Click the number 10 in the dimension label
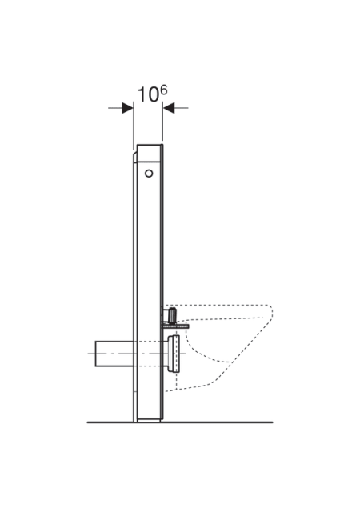pyautogui.click(x=148, y=94)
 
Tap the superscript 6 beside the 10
pyautogui.click(x=164, y=90)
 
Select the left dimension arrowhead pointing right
pyautogui.click(x=127, y=108)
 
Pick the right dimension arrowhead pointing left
pyautogui.click(x=169, y=108)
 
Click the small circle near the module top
pyautogui.click(x=149, y=174)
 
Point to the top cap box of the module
pyautogui.click(x=150, y=153)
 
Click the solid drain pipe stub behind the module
pyautogui.click(x=114, y=354)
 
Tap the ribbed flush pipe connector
pyautogui.click(x=170, y=315)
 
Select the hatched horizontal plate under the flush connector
pyautogui.click(x=174, y=326)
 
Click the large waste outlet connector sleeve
pyautogui.click(x=173, y=354)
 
